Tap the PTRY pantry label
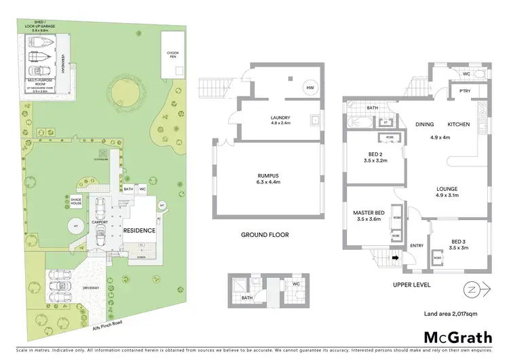pos(465,90)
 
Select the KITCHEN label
pos(458,125)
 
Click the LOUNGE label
pos(447,190)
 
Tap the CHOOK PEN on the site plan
pos(172,55)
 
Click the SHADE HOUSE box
pos(76,200)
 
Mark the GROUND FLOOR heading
pos(265,235)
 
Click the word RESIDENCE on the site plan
pos(139,230)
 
